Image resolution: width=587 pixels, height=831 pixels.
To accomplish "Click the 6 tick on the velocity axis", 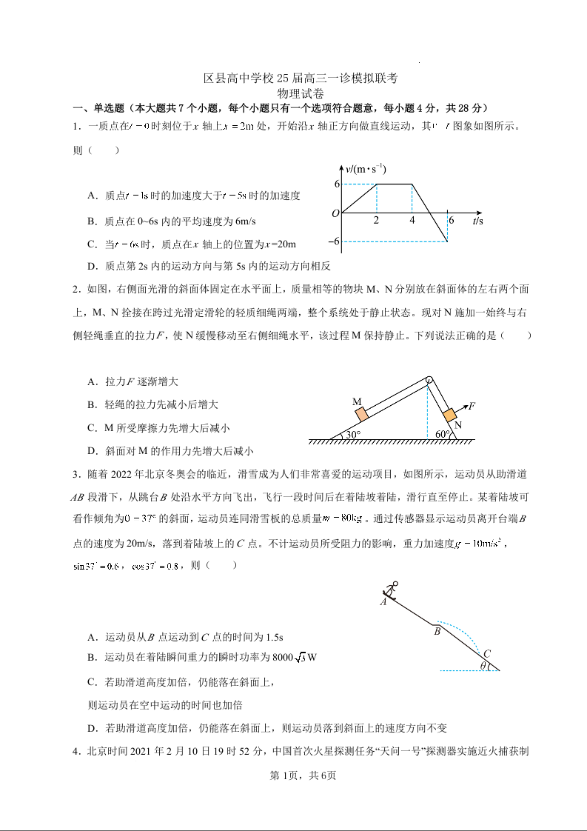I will [x=336, y=184].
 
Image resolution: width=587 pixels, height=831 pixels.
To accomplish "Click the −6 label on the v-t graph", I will [x=334, y=241].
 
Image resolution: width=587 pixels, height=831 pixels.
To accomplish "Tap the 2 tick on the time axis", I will [x=376, y=221].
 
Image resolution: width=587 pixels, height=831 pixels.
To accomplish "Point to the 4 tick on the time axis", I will [x=412, y=221].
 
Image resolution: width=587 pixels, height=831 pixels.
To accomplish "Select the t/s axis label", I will [x=477, y=221].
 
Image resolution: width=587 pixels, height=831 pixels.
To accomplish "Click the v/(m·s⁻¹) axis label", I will [x=366, y=168].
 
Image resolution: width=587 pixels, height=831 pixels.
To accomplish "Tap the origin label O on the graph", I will [x=335, y=214].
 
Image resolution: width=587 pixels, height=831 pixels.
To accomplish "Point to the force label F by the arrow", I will [x=472, y=406].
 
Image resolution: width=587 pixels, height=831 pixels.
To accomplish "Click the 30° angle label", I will [x=352, y=435].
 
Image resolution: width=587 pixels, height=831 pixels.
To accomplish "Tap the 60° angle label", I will [x=443, y=434].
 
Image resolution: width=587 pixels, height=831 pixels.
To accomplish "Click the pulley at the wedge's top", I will [x=429, y=381].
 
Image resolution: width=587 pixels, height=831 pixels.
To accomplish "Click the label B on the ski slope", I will [x=437, y=632].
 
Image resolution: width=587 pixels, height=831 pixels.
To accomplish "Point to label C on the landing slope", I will [x=487, y=654].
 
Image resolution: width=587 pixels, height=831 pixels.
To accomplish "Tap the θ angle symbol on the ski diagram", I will [x=483, y=666].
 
